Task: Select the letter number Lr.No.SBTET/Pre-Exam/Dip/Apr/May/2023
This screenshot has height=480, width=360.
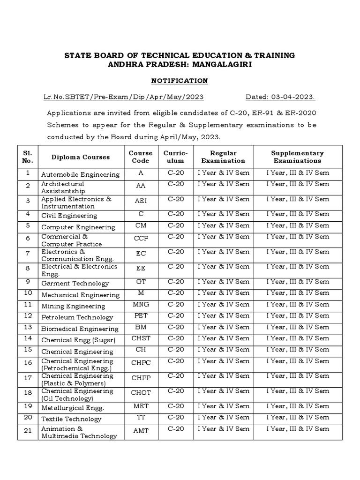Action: [x=123, y=97]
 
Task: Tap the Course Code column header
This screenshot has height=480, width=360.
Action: [x=141, y=157]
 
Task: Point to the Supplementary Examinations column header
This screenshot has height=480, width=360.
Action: [x=297, y=157]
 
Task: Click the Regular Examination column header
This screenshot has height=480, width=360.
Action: [x=223, y=157]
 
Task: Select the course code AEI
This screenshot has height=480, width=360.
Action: [x=141, y=201]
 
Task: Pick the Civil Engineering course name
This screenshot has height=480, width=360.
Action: [x=69, y=216]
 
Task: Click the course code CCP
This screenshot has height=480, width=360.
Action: [x=141, y=239]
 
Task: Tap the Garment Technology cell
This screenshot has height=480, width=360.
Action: [x=75, y=284]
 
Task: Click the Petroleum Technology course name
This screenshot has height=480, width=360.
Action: [x=77, y=318]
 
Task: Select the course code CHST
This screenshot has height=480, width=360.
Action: [x=141, y=338]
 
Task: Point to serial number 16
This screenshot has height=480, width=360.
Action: [x=28, y=363]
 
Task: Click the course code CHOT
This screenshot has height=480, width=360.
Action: [x=141, y=393]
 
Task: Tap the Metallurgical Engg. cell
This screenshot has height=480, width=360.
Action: [x=73, y=408]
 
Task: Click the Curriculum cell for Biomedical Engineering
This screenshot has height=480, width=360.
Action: [x=176, y=327]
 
